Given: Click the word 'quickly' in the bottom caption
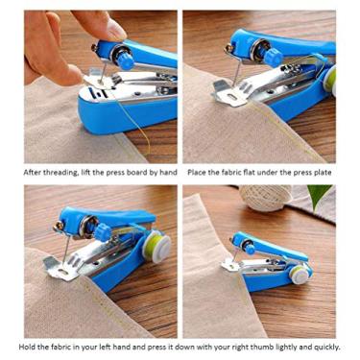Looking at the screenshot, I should tap(323, 348).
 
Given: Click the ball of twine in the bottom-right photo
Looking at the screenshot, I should tap(260, 199).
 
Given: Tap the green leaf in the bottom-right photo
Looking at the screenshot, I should tap(321, 199).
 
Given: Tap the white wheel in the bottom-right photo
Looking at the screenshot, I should tap(300, 276).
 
